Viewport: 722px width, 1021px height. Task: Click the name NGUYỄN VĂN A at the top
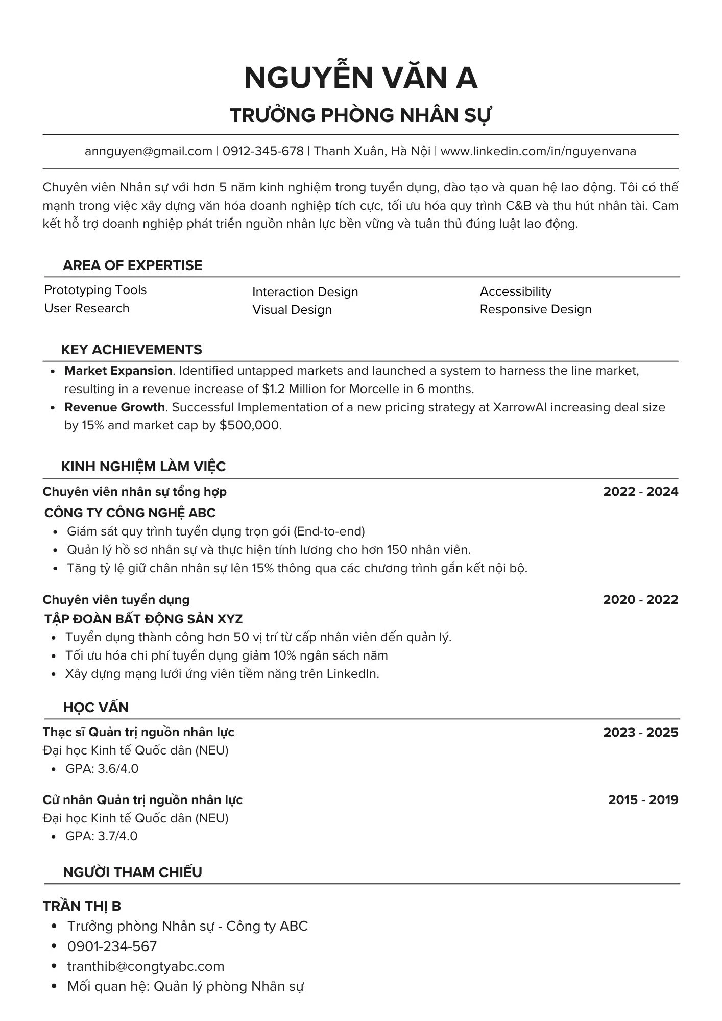[x=360, y=78]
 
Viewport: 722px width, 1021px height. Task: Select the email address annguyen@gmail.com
[x=148, y=151]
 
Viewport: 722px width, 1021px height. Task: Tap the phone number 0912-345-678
[x=263, y=151]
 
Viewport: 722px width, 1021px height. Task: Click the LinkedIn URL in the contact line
[x=538, y=151]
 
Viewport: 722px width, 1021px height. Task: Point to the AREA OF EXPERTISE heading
[x=132, y=265]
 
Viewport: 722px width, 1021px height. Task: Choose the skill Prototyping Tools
[x=95, y=290]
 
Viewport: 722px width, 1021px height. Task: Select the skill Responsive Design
[x=535, y=309]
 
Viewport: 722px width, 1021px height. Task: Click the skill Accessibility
[x=515, y=291]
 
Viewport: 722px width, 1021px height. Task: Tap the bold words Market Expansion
[x=118, y=371]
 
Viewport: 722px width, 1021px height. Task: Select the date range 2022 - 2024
[x=640, y=492]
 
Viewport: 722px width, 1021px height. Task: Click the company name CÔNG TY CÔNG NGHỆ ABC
[x=130, y=513]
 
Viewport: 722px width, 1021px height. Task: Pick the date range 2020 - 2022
[x=640, y=599]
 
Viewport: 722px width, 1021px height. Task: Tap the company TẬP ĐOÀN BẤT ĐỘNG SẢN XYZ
[x=143, y=619]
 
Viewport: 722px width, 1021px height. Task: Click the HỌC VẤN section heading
[x=96, y=708]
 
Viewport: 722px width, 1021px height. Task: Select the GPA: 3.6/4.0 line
[x=102, y=769]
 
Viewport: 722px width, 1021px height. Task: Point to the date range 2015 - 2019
[x=643, y=800]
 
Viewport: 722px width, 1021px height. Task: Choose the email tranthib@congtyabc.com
[x=146, y=966]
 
